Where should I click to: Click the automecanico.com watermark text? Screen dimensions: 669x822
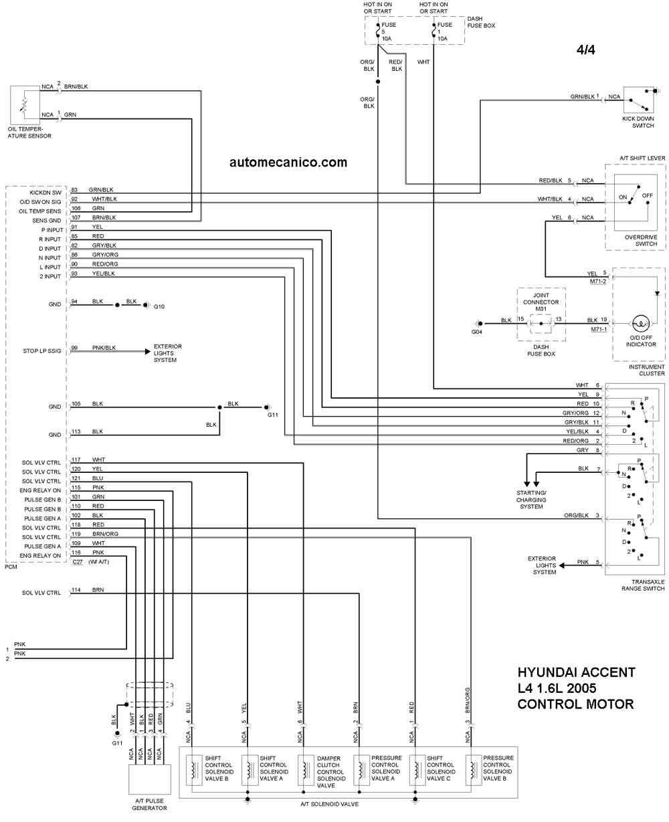[288, 162]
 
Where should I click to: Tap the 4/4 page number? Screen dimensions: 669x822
[585, 49]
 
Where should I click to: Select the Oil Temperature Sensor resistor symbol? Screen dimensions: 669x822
[24, 106]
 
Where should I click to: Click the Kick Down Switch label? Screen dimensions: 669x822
[638, 122]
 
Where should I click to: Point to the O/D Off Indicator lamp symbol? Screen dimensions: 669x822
[641, 323]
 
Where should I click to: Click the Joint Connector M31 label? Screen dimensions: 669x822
[541, 302]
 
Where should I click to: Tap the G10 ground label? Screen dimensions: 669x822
[159, 306]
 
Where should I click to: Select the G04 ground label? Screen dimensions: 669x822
[477, 332]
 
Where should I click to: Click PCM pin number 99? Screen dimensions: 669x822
[74, 348]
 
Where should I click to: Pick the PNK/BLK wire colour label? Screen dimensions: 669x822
[104, 348]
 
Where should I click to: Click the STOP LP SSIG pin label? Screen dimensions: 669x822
[42, 350]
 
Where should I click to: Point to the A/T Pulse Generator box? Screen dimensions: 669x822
[149, 779]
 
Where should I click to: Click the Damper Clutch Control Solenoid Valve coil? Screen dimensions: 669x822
[305, 770]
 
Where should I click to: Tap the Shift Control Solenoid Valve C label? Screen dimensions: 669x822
[441, 768]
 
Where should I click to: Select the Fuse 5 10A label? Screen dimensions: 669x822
[388, 31]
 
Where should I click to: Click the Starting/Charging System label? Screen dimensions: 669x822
[531, 500]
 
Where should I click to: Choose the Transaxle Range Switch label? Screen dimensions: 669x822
[643, 585]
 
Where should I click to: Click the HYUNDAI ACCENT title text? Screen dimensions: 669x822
[577, 672]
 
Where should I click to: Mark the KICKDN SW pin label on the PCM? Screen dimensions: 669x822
[45, 193]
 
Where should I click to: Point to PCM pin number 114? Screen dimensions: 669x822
[76, 590]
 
